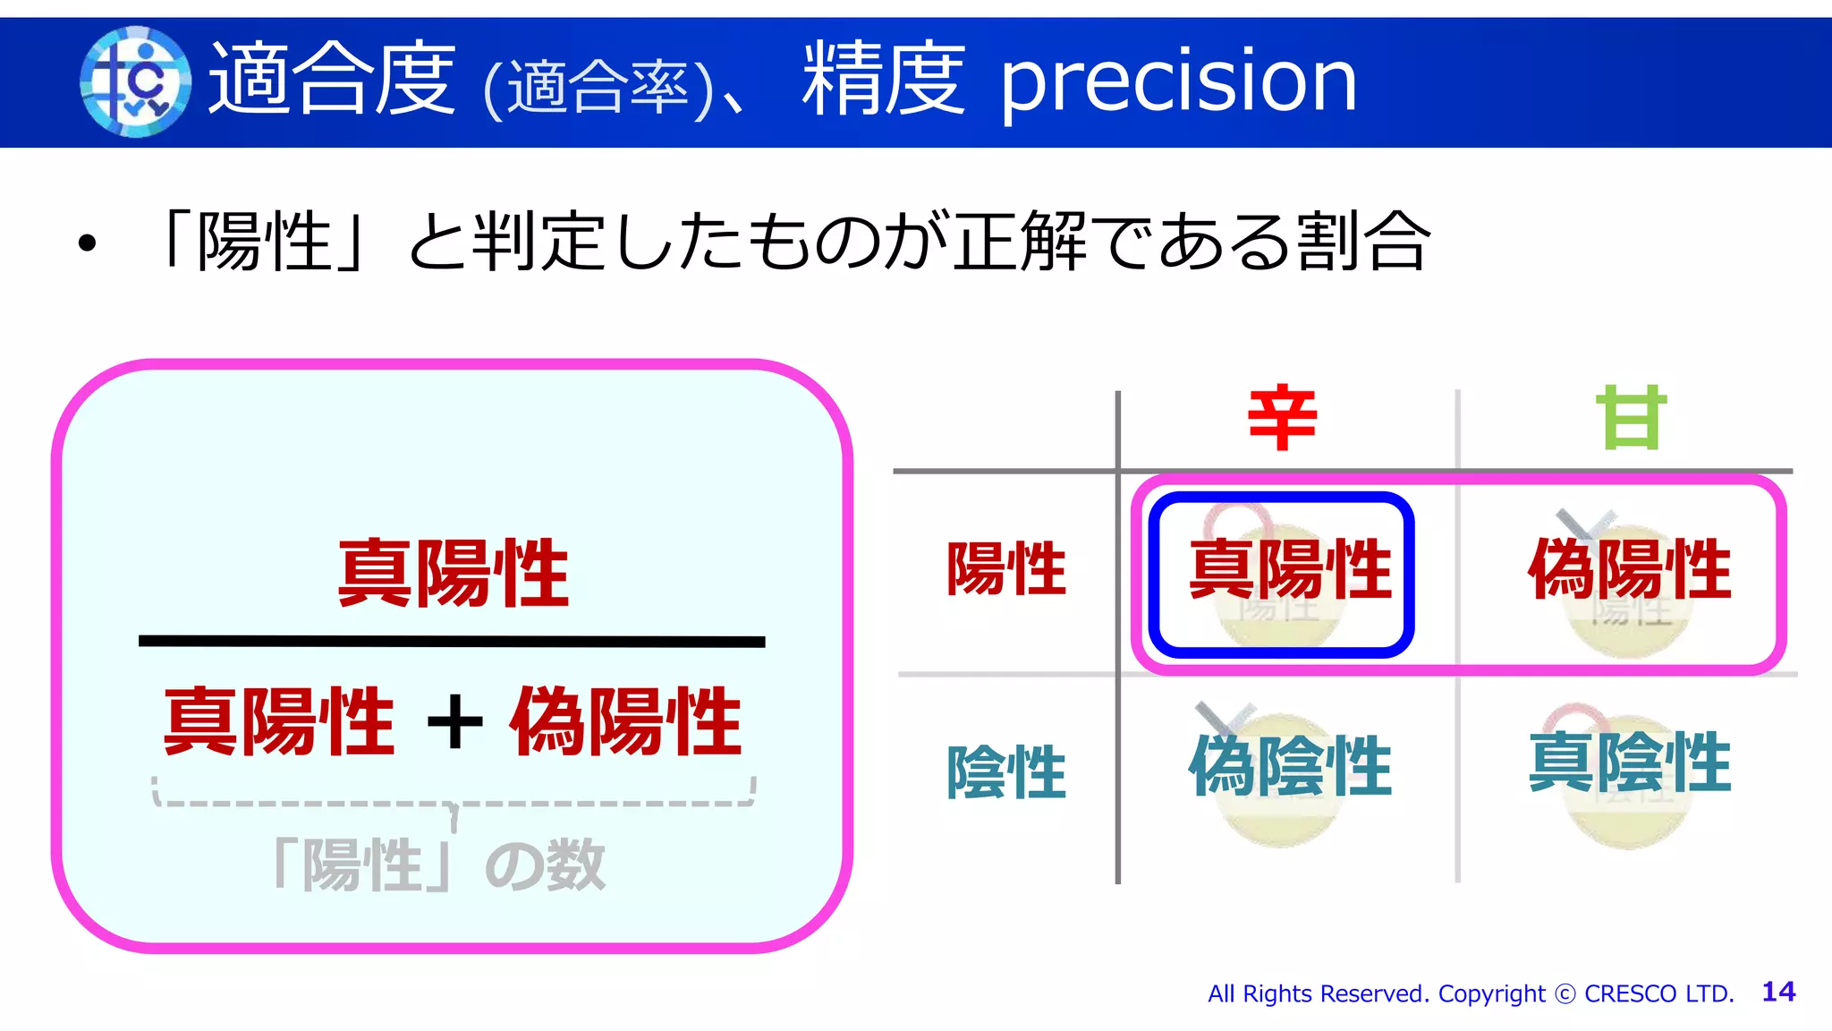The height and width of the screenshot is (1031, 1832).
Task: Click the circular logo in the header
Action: pos(135,81)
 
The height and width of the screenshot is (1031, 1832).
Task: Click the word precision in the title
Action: pos(1178,81)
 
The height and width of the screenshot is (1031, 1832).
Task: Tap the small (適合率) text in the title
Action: pos(598,89)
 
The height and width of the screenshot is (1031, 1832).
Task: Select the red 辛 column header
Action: pos(1282,418)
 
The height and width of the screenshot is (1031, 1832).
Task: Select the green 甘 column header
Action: pos(1631,418)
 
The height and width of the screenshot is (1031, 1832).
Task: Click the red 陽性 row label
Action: pos(1006,568)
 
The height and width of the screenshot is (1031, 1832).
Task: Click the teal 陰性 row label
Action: pos(1006,771)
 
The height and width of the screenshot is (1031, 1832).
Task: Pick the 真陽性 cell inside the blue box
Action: pos(1289,570)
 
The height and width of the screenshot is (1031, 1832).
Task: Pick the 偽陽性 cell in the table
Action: pos(1629,570)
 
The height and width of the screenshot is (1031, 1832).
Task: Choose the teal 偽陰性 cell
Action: pos(1289,766)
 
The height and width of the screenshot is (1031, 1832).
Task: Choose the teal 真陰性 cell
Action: pos(1629,763)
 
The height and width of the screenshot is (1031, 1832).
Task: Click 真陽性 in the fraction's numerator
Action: pos(453,574)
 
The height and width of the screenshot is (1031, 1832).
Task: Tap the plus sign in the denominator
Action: pos(454,721)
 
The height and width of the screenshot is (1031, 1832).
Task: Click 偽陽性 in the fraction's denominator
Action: pos(625,721)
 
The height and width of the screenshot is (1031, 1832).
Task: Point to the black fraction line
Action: pos(452,641)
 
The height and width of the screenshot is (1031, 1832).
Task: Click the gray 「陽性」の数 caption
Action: pos(438,865)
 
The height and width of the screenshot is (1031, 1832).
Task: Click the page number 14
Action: pos(1778,992)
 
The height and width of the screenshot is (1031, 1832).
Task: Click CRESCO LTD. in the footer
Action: pos(1658,993)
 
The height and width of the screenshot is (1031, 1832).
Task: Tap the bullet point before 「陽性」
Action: pos(87,243)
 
